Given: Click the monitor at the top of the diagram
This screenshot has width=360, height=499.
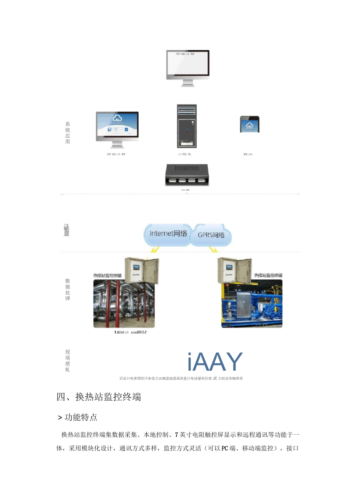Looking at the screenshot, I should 188,66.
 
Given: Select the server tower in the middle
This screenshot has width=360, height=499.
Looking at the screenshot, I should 187,126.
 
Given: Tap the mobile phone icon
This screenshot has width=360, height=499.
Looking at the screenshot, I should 249,124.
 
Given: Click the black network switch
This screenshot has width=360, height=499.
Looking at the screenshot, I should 187,175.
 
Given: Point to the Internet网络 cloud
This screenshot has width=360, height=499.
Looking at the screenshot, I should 168,234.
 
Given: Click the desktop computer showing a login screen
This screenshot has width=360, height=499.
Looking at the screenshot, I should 117,128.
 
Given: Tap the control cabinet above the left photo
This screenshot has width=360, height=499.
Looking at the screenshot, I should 142,270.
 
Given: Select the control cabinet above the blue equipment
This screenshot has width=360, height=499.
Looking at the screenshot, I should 234,270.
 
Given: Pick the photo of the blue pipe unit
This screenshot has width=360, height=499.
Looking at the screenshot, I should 252,304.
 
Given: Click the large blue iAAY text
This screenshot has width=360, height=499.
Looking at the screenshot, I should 215,362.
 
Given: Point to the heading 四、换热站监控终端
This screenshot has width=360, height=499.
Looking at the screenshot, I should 99,397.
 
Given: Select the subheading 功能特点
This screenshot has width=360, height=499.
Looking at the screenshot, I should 81,417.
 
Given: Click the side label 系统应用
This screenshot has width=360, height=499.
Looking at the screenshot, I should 67,133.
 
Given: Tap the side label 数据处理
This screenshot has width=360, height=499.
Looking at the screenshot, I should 67,290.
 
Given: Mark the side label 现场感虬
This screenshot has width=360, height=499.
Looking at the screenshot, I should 67,361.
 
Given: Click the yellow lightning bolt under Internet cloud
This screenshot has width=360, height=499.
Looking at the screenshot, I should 155,249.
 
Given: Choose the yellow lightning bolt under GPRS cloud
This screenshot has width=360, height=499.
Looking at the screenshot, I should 213,249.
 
